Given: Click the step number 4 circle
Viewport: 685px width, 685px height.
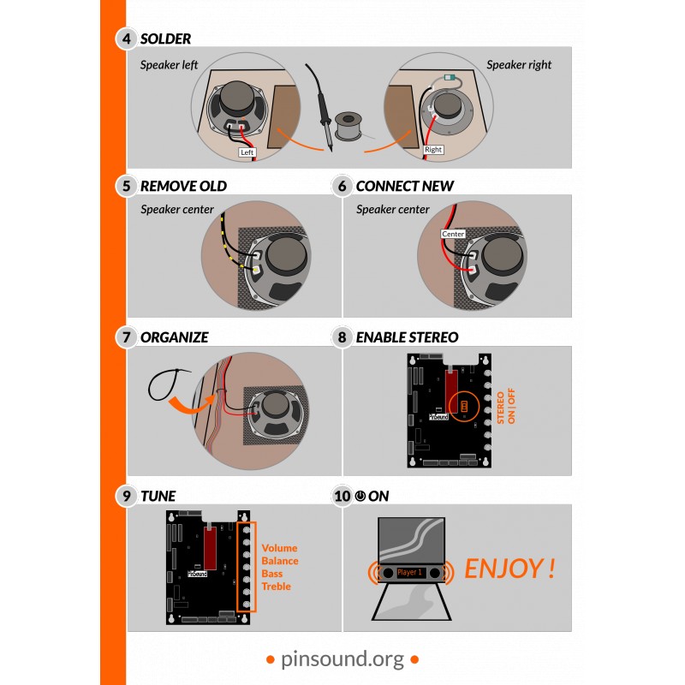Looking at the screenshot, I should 127,39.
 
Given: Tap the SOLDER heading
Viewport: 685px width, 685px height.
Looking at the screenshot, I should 165,39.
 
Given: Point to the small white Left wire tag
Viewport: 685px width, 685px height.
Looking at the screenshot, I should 247,152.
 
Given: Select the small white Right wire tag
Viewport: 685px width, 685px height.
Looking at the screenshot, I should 433,149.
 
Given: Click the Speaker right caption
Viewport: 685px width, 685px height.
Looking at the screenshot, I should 519,65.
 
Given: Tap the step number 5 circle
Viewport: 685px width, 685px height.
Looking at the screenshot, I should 127,186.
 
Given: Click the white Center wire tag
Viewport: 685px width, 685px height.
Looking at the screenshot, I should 453,234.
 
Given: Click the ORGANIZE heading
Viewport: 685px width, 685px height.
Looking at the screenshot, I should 174,337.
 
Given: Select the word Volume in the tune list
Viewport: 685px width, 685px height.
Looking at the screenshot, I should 279,548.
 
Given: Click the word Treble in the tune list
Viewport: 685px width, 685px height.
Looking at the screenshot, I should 276,587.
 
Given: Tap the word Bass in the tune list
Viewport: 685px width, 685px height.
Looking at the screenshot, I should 272,574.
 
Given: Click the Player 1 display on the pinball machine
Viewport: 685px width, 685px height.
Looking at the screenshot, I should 412,571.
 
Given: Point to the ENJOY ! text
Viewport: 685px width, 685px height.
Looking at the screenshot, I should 509,569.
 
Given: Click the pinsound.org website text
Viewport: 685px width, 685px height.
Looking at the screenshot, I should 342,658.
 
